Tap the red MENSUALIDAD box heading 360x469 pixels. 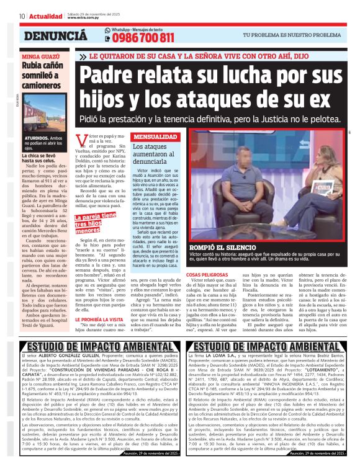156,136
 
